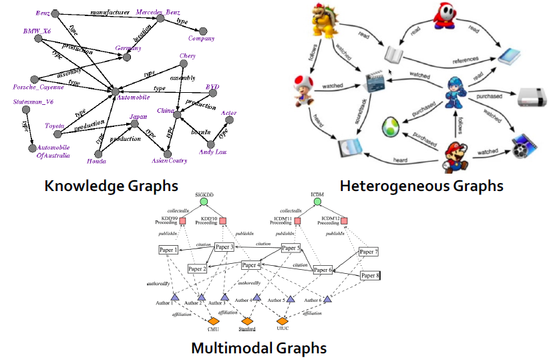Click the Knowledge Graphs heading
coord(111,185)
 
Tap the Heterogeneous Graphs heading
coord(421,185)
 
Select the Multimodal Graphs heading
coord(258,348)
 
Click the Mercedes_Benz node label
coord(158,13)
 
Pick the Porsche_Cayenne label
coord(39,87)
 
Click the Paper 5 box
coord(291,248)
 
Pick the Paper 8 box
coord(369,275)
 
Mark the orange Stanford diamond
coord(247,321)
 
